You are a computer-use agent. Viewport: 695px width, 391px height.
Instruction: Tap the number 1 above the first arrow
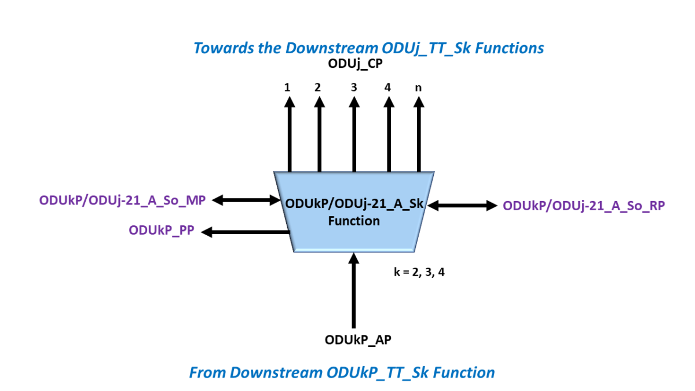pos(287,87)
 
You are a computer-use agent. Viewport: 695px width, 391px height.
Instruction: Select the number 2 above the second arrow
pos(317,87)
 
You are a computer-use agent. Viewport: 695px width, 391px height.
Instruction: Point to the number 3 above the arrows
pos(353,87)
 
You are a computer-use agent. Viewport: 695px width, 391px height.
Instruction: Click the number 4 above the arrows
pos(387,87)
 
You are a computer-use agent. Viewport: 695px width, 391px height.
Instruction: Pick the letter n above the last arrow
pos(418,88)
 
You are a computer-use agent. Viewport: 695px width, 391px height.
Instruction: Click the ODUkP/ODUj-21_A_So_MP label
pos(123,200)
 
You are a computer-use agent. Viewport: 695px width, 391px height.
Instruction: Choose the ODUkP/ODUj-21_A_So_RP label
pos(584,205)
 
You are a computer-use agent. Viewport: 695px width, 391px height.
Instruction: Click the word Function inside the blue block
pos(354,221)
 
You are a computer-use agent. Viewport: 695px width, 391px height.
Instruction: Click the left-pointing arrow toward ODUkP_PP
pos(246,232)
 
